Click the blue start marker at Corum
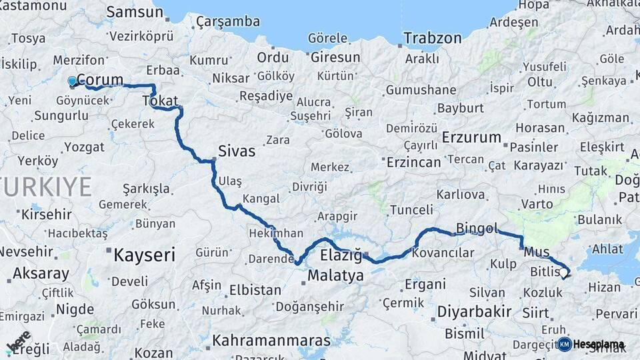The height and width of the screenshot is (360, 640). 73,81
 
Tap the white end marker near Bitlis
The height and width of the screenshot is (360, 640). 564,273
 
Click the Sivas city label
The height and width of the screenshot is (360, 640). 237,151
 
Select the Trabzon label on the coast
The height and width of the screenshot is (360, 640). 433,38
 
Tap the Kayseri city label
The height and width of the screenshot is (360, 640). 144,255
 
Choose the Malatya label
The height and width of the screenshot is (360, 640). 335,275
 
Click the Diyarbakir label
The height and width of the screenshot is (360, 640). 474,312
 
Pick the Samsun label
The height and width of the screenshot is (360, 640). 134,12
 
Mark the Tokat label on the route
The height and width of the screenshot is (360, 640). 160,101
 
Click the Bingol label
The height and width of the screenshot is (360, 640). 477,229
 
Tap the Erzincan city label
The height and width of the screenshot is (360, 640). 413,162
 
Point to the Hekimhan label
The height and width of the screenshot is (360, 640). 276,234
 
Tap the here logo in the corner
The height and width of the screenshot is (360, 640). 19,341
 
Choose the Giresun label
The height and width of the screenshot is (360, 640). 335,57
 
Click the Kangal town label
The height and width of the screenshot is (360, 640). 261,199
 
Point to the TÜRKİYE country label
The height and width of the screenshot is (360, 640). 45,187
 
